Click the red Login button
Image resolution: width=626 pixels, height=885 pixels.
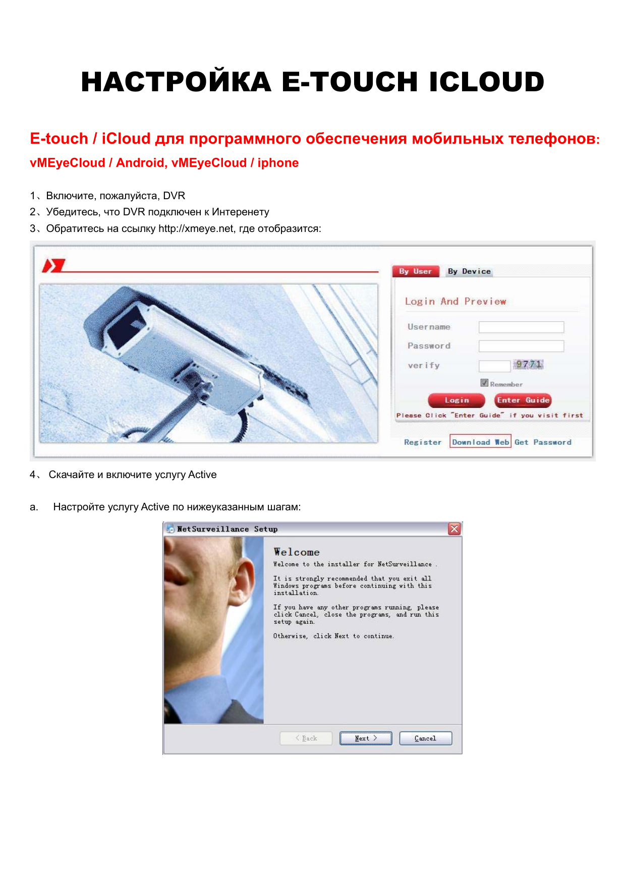[457, 400]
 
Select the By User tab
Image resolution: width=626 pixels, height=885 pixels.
[416, 271]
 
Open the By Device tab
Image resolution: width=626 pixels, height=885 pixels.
[469, 271]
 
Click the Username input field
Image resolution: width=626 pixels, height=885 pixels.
[521, 327]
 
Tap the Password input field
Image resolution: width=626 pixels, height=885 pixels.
[521, 346]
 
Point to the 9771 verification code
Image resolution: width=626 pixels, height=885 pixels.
[529, 365]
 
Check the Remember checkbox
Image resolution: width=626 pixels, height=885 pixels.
[484, 383]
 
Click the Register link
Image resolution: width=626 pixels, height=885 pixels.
[423, 442]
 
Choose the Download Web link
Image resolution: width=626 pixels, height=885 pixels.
[481, 442]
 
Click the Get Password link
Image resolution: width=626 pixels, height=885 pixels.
[543, 442]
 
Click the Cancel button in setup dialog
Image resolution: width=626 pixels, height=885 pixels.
[425, 738]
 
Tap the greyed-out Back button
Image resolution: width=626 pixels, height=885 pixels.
[306, 738]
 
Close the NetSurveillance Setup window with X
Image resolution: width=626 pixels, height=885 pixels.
[454, 528]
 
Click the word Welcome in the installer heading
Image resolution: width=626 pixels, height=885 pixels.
[297, 552]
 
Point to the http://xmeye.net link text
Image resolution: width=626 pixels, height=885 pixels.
[196, 228]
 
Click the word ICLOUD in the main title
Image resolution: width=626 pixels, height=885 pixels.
[487, 82]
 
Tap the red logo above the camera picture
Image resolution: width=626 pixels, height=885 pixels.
[54, 265]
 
